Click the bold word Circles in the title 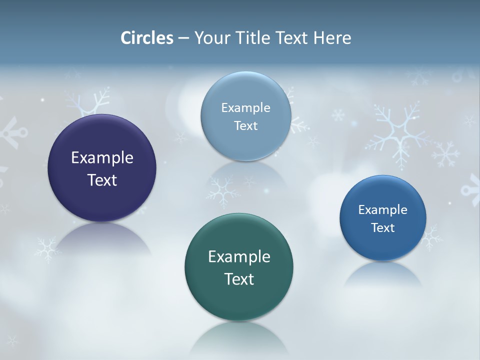point(146,38)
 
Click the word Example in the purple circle point(102,158)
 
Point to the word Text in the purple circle point(102,180)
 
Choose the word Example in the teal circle point(239,257)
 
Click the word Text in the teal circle point(239,279)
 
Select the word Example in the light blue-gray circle point(245,108)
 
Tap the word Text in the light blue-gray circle point(245,125)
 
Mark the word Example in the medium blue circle point(383,210)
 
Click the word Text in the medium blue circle point(383,228)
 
